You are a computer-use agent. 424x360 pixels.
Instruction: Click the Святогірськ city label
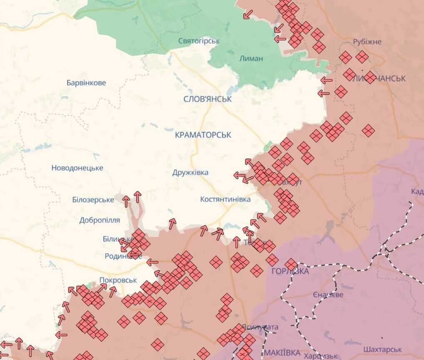coord(199,41)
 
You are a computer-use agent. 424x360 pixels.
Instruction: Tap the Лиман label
coord(251,58)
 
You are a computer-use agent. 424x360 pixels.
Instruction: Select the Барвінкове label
coord(86,82)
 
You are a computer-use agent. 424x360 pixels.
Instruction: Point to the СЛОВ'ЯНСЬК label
coord(207,99)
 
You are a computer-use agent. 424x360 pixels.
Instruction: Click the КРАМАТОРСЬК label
coord(203,135)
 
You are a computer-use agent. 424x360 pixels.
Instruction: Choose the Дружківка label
coord(190,172)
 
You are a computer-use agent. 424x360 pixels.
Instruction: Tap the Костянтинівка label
coord(225,199)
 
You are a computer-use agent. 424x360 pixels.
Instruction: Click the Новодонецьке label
coord(77,168)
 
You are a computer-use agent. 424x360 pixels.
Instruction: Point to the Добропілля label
coord(100,220)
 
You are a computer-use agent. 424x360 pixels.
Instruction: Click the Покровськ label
coord(118,280)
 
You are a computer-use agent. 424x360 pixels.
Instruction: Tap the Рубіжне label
coord(367,42)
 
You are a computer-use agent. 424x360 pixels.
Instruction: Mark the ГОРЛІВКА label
coord(290,271)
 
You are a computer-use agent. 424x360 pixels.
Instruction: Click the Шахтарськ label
coord(382,349)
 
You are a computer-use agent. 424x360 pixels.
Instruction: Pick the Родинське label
coord(123,256)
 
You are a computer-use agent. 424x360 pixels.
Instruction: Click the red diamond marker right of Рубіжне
coord(362,57)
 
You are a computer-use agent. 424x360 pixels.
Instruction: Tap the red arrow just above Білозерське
coord(126,201)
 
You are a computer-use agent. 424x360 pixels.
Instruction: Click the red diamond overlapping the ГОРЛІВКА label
coord(291,264)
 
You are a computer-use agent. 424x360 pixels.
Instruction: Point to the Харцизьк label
coord(320,356)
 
